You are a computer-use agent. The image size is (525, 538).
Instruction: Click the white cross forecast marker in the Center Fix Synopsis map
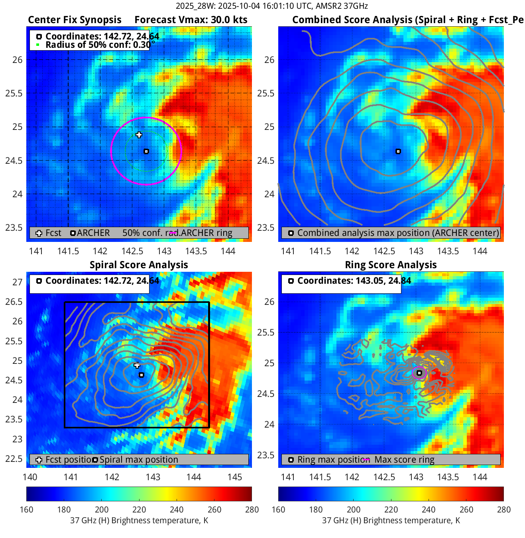[x=139, y=135]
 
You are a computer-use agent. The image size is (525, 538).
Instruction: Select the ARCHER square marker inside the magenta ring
[x=146, y=151]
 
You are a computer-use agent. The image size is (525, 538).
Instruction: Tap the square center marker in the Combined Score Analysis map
[x=398, y=151]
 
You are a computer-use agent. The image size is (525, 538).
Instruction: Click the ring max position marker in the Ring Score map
[x=419, y=373]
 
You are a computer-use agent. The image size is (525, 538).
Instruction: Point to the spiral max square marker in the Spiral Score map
[x=141, y=375]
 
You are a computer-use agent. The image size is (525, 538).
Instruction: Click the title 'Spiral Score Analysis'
[x=139, y=265]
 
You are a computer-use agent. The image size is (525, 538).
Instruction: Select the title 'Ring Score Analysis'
[x=391, y=265]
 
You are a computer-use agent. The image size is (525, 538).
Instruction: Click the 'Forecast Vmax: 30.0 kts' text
[x=191, y=20]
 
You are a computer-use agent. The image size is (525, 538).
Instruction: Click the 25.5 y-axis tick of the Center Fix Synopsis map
[x=14, y=94]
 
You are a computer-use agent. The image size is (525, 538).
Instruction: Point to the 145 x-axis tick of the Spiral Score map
[x=235, y=477]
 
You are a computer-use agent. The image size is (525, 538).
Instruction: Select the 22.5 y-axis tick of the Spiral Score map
[x=14, y=459]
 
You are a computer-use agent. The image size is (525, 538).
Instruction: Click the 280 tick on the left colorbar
[x=252, y=509]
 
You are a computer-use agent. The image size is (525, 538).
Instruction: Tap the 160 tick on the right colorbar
[x=278, y=509]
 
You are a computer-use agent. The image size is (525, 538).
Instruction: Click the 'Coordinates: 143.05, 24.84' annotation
[x=354, y=281]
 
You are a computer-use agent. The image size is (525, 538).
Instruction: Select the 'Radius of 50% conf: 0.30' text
[x=98, y=45]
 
